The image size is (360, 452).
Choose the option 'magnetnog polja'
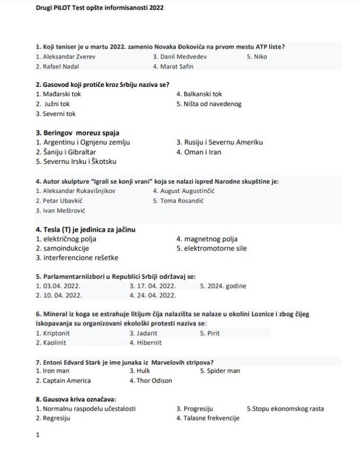206,239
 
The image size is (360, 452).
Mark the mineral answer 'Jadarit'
143,333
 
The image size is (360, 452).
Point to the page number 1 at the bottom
38,434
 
